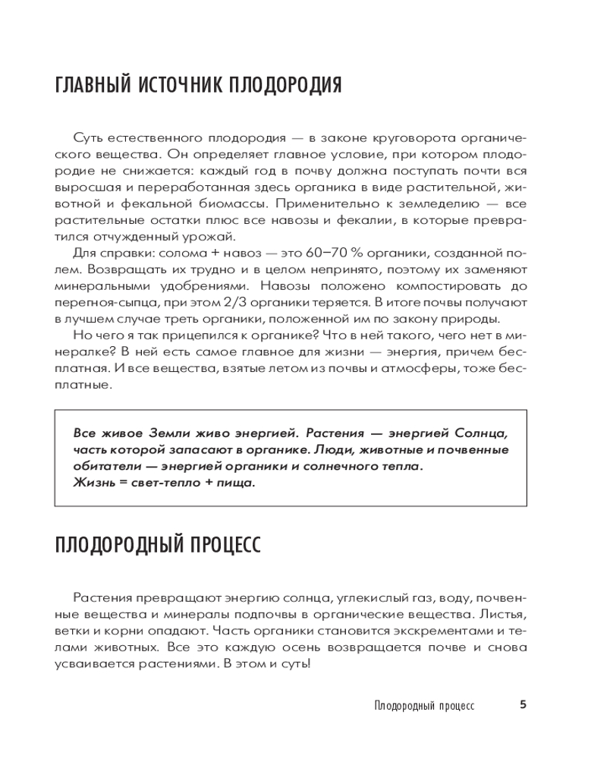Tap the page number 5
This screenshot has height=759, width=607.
click(523, 704)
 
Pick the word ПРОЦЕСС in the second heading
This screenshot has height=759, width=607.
click(219, 544)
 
